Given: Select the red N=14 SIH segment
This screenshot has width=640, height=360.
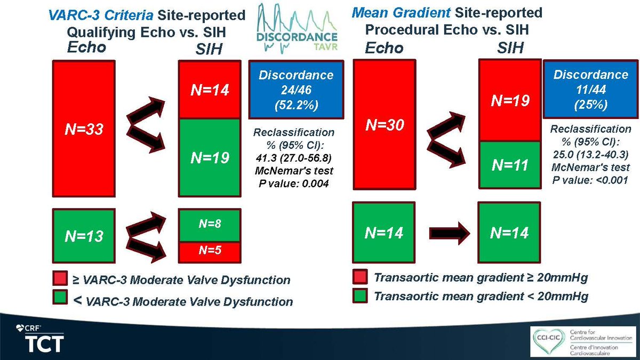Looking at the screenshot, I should pos(210,90).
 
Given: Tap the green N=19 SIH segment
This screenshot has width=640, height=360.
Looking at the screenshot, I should pos(210,157).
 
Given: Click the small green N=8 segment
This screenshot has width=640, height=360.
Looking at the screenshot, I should pos(210,225).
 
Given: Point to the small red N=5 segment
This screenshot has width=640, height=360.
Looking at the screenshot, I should pos(210,251).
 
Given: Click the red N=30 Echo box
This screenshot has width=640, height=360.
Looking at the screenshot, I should pos(384,125).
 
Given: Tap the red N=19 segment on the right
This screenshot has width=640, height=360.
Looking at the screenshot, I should pos(509,100).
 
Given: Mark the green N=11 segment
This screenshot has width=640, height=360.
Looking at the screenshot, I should pos(509,165).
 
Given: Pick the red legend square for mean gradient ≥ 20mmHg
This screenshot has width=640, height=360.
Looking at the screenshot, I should pos(359,278).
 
